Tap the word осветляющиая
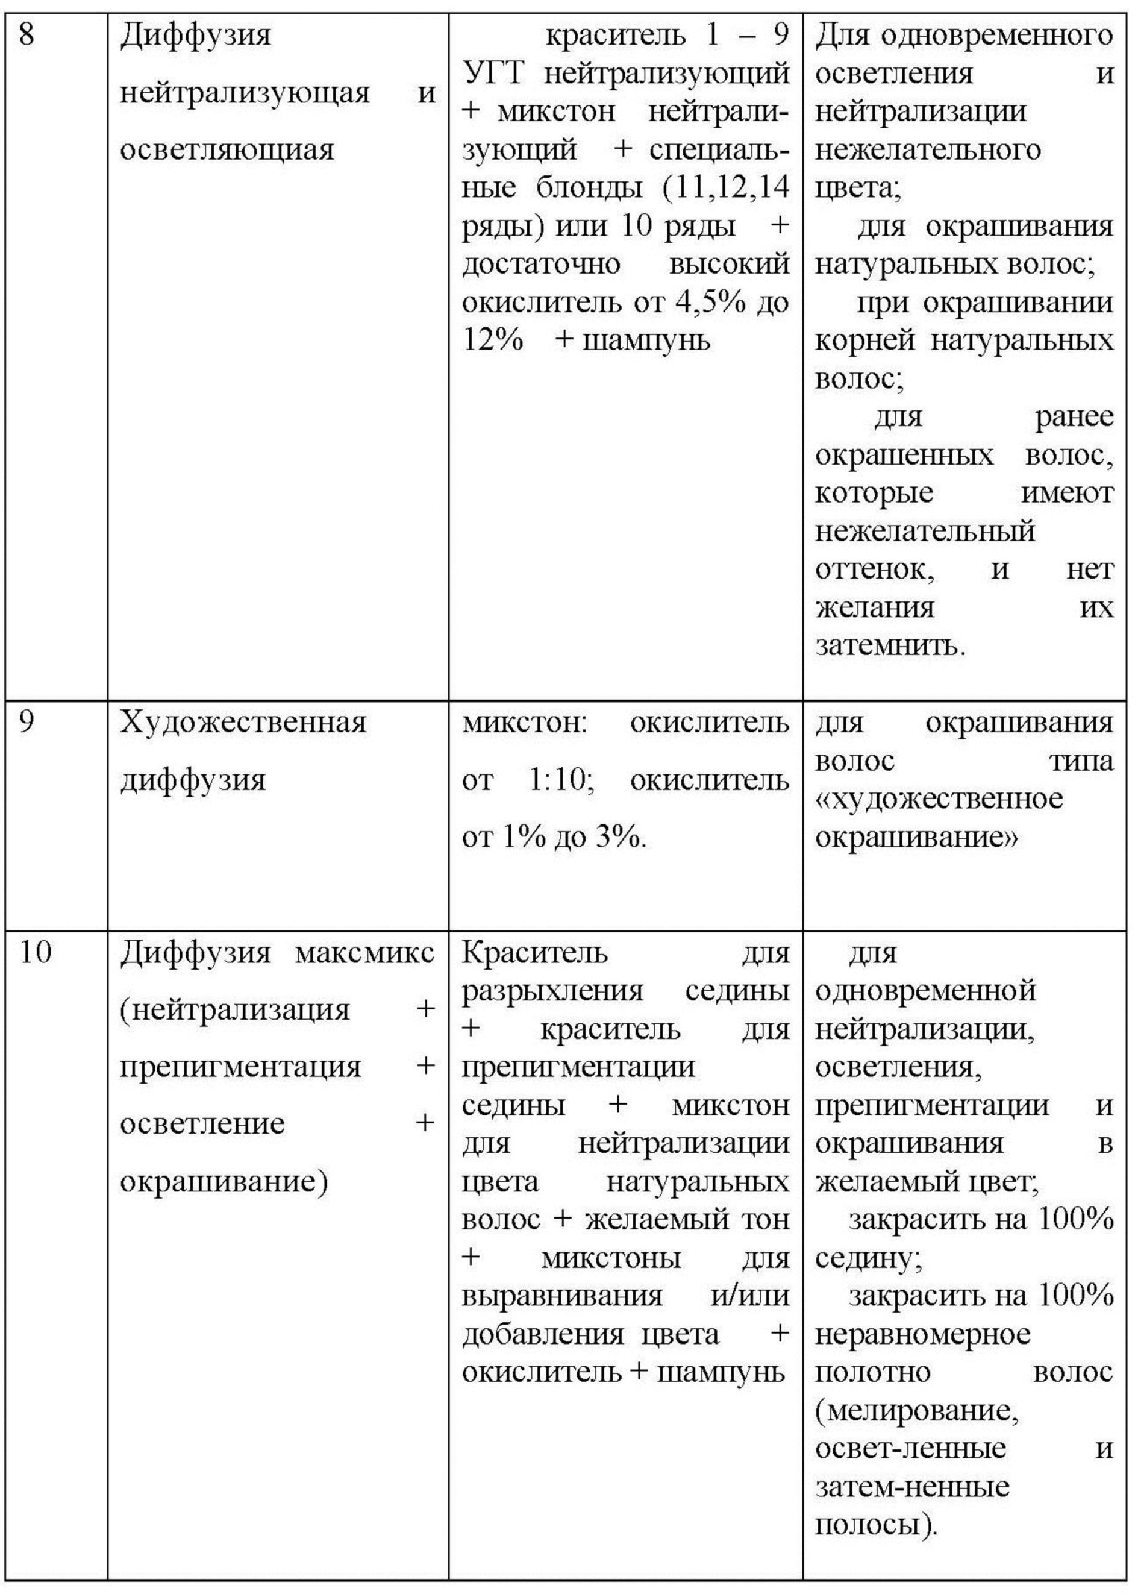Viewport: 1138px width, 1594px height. tap(227, 150)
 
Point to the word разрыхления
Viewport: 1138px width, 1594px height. tap(552, 991)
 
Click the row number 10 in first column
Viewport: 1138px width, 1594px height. tap(35, 953)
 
